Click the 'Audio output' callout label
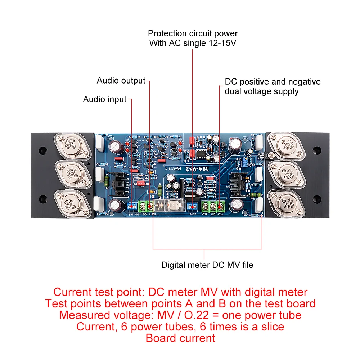coord(121,80)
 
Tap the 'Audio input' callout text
coord(105,99)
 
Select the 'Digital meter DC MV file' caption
coord(207,265)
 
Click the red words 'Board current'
coord(180,338)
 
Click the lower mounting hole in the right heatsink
coord(316,198)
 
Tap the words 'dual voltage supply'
coord(262,91)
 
